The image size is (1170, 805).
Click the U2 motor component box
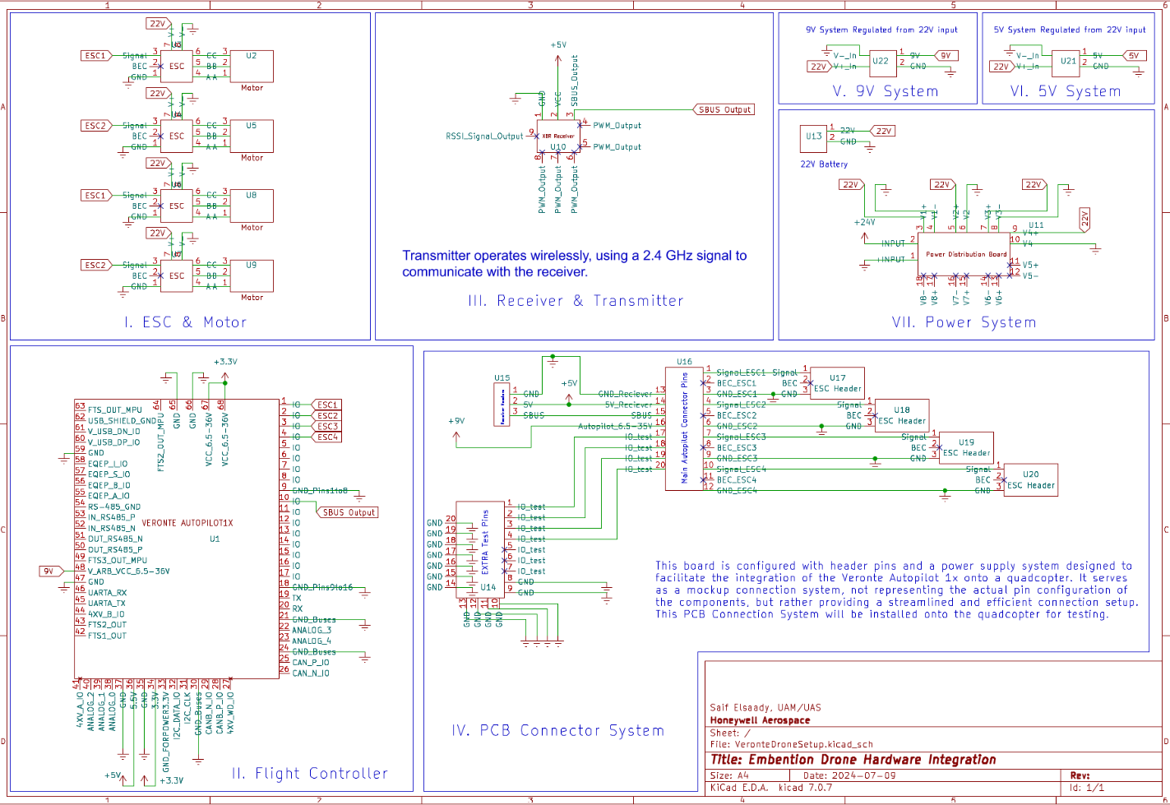[x=251, y=67]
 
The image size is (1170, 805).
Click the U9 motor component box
[x=251, y=275]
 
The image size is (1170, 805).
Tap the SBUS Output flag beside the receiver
[x=724, y=109]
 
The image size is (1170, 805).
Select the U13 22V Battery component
[x=813, y=137]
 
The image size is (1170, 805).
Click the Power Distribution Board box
[x=963, y=254]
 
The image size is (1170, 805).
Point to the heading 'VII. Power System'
[x=964, y=322]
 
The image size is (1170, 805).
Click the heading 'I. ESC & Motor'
[x=185, y=322]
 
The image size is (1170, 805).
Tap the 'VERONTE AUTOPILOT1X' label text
[x=187, y=523]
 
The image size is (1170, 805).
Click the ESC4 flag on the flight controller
[x=327, y=437]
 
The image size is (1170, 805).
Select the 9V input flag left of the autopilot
[x=49, y=571]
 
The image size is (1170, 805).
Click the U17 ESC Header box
[x=837, y=383]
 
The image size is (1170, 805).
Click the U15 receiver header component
[x=502, y=405]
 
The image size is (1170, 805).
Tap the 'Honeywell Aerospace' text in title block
[x=760, y=720]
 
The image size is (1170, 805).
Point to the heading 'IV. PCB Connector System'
[x=557, y=730]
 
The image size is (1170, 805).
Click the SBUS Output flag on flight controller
[x=349, y=512]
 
